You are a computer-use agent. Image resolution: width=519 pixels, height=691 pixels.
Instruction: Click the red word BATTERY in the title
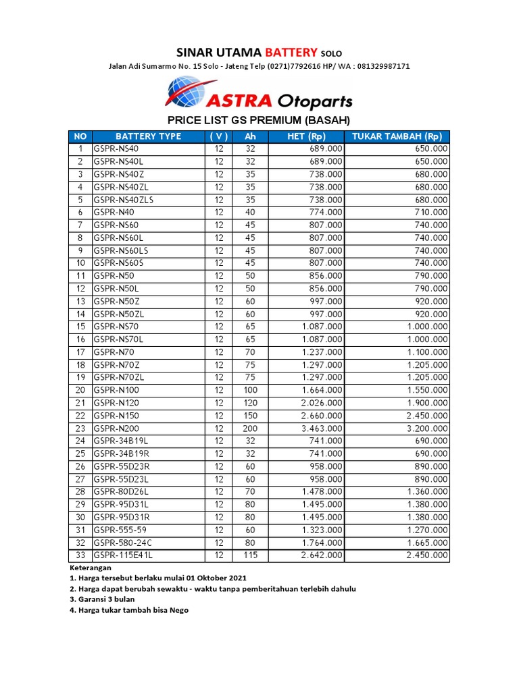[x=291, y=52]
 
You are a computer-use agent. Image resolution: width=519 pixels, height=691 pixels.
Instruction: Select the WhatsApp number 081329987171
[x=376, y=66]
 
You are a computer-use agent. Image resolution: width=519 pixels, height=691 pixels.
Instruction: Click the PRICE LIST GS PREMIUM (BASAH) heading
[x=259, y=121]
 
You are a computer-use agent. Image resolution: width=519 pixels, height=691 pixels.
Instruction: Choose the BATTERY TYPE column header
[x=148, y=136]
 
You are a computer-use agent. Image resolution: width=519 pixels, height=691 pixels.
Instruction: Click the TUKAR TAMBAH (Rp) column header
[x=397, y=136]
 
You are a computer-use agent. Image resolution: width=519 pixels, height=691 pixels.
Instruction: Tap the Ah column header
[x=250, y=136]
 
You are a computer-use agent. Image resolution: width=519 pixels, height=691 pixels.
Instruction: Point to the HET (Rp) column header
[x=306, y=136]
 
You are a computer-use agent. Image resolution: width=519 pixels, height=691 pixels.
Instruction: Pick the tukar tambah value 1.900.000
[x=427, y=403]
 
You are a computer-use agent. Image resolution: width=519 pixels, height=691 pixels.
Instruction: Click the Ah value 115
[x=250, y=555]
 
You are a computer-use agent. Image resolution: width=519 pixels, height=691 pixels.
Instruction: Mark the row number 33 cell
[x=80, y=555]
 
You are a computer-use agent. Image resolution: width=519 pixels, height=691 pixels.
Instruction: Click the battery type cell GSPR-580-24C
[x=122, y=542]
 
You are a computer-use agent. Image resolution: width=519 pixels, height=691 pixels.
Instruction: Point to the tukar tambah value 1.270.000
[x=427, y=530]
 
